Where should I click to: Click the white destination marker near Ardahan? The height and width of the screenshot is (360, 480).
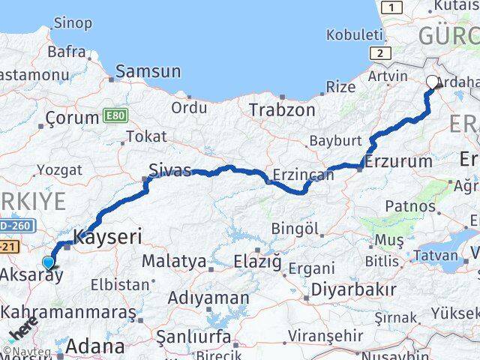(x=433, y=83)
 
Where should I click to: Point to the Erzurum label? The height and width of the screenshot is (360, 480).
(x=398, y=160)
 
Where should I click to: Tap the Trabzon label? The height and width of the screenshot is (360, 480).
(x=281, y=109)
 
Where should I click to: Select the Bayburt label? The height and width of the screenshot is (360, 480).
(x=336, y=140)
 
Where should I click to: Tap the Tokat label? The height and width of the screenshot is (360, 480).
(x=146, y=136)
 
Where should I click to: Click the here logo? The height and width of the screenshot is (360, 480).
(x=22, y=331)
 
